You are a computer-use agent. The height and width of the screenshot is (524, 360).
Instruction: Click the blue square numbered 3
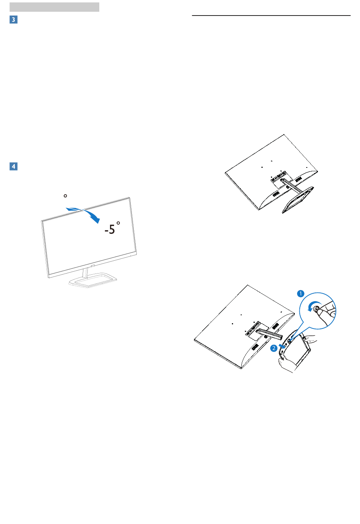[x=14, y=20]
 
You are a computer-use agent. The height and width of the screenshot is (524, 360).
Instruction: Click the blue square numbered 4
[x=14, y=166]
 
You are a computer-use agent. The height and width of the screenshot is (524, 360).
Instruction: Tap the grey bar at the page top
[x=54, y=7]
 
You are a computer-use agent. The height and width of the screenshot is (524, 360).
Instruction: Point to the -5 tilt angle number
[x=110, y=229]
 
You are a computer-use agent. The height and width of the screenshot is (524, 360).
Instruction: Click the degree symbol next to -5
[x=118, y=223]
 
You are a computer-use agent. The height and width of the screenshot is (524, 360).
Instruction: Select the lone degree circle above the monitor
[x=65, y=196]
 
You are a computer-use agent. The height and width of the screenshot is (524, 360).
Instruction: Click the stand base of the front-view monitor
[x=93, y=280]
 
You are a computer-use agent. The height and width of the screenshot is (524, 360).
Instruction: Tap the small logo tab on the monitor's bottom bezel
[x=92, y=266]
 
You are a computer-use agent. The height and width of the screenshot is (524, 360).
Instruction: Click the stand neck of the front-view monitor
[x=85, y=273]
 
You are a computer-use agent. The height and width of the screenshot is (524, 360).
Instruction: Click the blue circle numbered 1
[x=301, y=294]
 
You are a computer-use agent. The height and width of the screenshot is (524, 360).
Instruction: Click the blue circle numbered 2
[x=274, y=348]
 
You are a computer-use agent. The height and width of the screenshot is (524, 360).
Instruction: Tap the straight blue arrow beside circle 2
[x=282, y=347]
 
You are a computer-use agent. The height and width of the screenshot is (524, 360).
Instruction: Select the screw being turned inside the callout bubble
[x=316, y=309]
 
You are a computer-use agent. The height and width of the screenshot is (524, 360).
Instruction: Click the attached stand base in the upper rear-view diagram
[x=298, y=200]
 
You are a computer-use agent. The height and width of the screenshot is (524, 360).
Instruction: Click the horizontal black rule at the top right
[x=271, y=16]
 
